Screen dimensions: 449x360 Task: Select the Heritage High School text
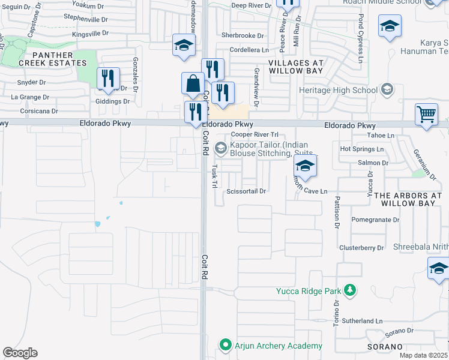pos(339,91)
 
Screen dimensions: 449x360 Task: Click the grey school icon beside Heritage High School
pos(387,91)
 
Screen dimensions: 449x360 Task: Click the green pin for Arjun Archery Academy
pos(226,345)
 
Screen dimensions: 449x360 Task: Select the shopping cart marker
pos(426,113)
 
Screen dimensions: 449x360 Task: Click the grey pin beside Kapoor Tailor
pos(221,147)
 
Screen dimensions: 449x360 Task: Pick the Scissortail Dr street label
pos(246,191)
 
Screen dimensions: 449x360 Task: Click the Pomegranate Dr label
pos(375,220)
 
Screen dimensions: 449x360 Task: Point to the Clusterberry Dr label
pos(361,247)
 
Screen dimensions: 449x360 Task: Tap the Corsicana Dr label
pos(37,111)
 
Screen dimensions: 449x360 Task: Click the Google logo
pos(20,353)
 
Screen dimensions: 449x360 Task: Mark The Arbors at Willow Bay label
pos(408,200)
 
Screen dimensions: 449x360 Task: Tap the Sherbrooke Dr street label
pos(243,35)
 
